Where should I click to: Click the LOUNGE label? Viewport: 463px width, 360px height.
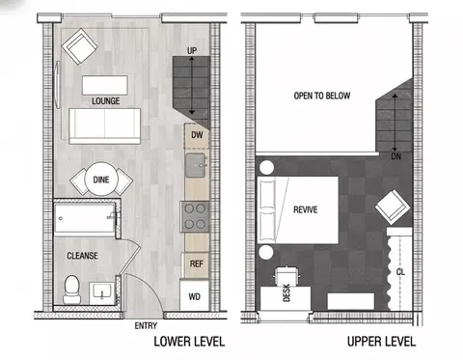[106, 101]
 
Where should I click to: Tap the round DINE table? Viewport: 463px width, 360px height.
[101, 179]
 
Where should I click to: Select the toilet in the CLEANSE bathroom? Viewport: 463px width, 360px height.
[72, 290]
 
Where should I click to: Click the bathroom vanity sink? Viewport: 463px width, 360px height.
[102, 292]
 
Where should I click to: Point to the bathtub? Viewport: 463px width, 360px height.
[85, 218]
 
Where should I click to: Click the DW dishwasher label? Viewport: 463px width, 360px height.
[197, 135]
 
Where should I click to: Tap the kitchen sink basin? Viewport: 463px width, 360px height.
[195, 165]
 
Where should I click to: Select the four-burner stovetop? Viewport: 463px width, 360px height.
[195, 216]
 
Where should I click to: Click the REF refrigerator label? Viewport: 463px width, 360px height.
[197, 264]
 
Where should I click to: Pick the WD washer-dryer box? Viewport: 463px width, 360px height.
[195, 295]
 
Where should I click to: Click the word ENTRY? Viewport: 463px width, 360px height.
[146, 325]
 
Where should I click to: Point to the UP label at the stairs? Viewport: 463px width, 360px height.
[192, 50]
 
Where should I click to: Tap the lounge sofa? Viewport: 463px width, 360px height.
[105, 125]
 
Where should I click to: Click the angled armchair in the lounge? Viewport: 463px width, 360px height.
[79, 46]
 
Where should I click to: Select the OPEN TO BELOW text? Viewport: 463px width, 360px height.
[322, 96]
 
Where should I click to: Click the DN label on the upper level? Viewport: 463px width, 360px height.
[396, 156]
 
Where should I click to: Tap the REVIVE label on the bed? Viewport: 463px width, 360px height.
[306, 209]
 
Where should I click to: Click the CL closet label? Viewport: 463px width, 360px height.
[400, 272]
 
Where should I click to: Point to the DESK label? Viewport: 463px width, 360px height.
[286, 292]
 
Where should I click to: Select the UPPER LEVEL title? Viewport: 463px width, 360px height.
[381, 342]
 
